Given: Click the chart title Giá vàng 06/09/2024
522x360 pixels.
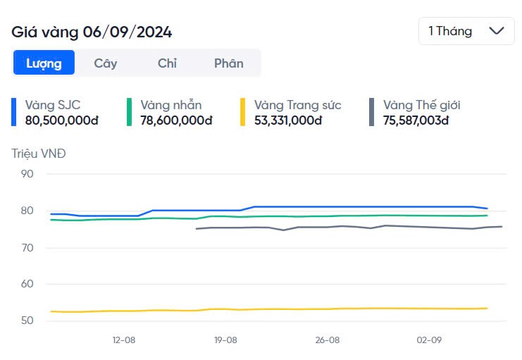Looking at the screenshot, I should (92, 32).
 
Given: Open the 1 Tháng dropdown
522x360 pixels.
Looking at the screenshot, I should (466, 31).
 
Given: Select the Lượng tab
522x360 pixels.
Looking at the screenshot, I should (44, 63).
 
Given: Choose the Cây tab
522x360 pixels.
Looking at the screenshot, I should (106, 63).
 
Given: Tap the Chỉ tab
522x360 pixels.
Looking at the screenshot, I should (167, 63).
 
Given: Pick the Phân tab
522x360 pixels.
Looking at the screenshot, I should (228, 63).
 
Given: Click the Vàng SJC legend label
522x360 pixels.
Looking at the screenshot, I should (53, 105).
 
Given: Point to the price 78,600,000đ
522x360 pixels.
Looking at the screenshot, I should (176, 120).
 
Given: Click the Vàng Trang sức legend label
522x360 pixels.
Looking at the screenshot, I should (297, 105).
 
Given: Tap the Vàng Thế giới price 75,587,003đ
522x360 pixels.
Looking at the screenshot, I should (416, 120).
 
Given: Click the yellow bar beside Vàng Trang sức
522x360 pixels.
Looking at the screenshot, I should (242, 113).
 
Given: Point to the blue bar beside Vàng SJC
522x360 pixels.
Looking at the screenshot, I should (13, 113).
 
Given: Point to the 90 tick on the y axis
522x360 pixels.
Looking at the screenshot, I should (27, 174).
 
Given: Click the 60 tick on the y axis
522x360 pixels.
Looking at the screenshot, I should (27, 284).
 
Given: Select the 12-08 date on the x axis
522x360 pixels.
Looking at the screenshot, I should (123, 340).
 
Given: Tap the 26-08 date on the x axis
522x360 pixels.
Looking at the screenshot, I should (327, 340).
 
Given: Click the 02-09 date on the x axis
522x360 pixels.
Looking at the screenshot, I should (428, 340).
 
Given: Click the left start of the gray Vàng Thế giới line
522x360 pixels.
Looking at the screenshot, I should (197, 229).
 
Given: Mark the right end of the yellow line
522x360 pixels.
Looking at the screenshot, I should (487, 308).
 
